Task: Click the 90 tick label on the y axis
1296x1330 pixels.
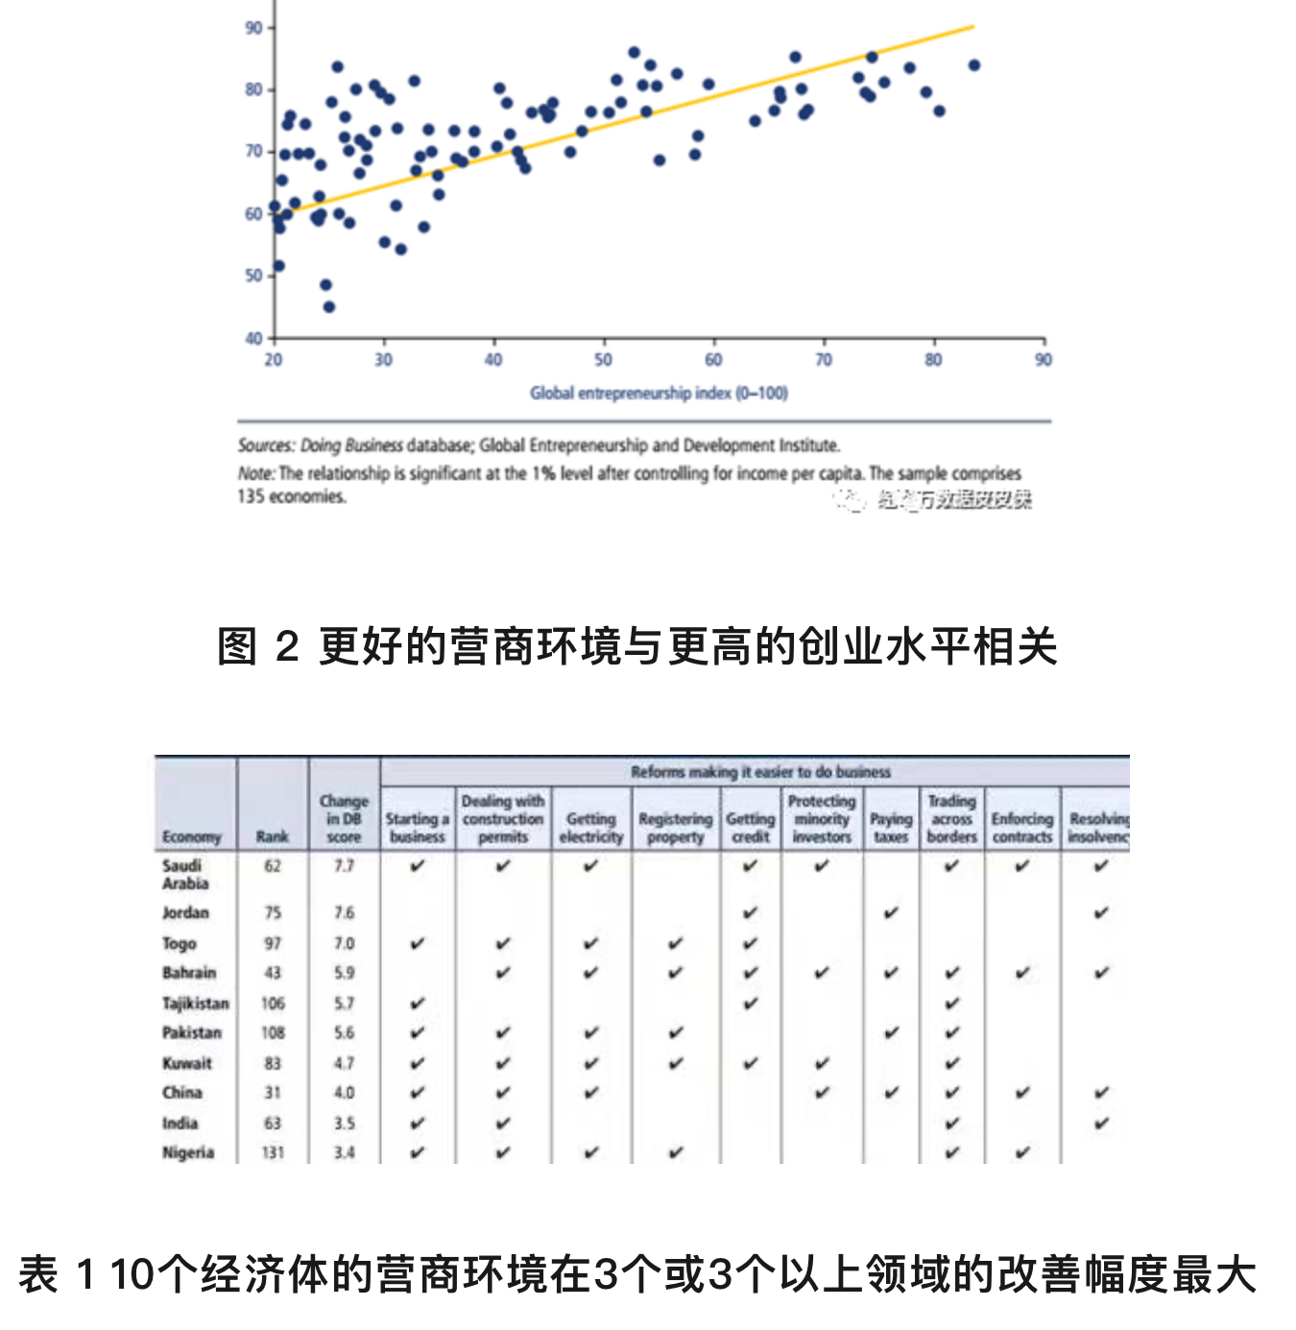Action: [253, 28]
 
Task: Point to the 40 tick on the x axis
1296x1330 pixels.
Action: [493, 359]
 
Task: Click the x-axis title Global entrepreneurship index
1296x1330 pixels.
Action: [659, 393]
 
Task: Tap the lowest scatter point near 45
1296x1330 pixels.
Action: [329, 307]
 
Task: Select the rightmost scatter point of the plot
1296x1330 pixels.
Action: [974, 65]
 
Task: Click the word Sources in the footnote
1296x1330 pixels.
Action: [266, 446]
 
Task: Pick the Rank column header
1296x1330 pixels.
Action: [273, 836]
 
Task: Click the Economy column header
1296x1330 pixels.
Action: [192, 836]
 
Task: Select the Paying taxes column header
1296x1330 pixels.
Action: [891, 828]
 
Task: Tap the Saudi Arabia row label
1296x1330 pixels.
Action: [184, 874]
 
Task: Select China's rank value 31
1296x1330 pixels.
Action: [273, 1093]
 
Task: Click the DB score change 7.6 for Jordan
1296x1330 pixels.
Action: [344, 912]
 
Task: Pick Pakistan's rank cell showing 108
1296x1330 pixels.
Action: [273, 1033]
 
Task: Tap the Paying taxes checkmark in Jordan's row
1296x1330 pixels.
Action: [891, 912]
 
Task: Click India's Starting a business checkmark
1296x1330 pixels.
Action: [418, 1123]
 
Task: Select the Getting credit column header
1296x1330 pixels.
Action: [750, 828]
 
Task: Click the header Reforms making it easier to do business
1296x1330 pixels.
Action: [760, 772]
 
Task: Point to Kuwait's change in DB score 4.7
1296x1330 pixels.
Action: [344, 1063]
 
